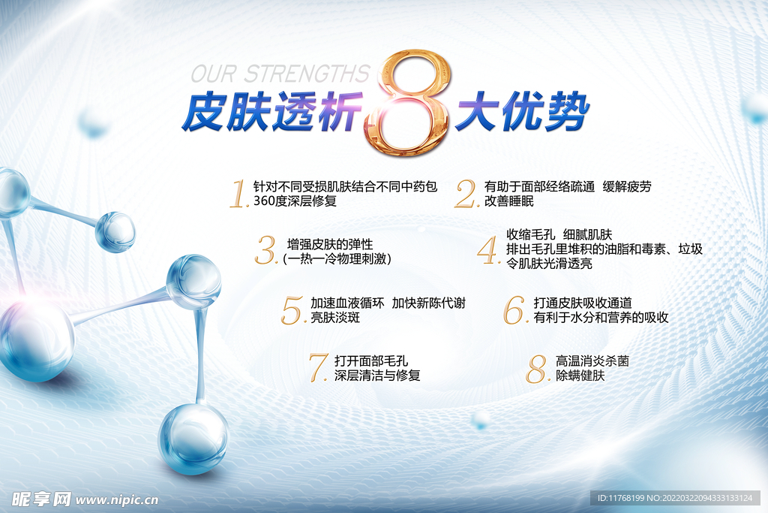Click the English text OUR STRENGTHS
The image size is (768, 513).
[280, 74]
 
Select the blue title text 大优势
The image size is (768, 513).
[522, 113]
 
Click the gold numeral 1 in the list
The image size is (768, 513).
[238, 193]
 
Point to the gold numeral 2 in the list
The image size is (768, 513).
[466, 194]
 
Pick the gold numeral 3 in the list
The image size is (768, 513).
[266, 251]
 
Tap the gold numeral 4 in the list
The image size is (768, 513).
[489, 251]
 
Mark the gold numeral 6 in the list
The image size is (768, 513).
[514, 309]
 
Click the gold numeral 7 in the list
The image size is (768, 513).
[318, 367]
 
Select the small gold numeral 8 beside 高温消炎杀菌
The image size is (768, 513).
[537, 368]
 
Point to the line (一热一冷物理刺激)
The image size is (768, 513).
[337, 259]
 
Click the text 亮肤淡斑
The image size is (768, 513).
[335, 318]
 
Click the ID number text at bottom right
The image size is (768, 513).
[674, 499]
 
